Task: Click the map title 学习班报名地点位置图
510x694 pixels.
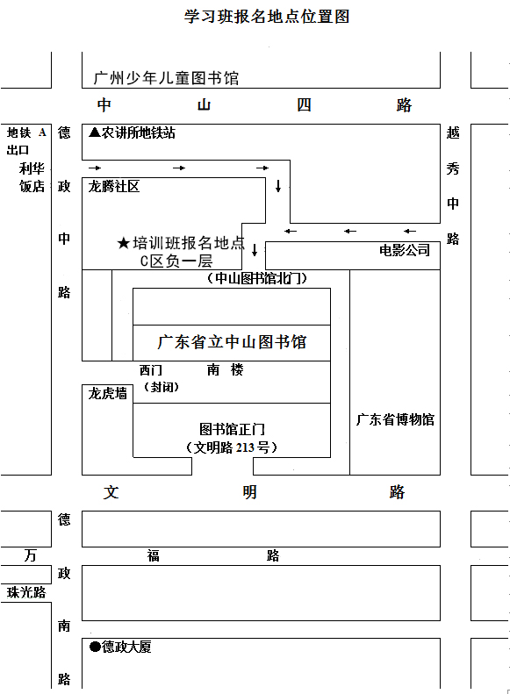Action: pos(267,17)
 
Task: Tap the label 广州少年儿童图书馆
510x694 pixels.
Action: pos(167,78)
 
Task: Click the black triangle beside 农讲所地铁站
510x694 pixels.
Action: pos(95,132)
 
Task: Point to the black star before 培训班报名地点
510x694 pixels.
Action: pos(124,243)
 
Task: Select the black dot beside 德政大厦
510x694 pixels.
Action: pos(95,647)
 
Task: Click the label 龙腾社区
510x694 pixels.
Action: pos(114,186)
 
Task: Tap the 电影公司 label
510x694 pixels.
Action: pos(405,250)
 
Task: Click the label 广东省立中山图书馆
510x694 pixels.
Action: pos(232,342)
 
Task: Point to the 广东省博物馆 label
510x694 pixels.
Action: pos(395,419)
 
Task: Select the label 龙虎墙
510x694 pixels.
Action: pos(108,393)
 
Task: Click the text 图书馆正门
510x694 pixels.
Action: pos(232,429)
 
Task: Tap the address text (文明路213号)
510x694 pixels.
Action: pos(232,447)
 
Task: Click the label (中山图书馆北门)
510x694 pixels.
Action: pos(257,278)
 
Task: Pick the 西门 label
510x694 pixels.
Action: pos(151,370)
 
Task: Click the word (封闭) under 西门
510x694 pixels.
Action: pos(162,387)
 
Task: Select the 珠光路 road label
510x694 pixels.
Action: pos(26,592)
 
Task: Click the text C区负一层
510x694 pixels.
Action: pos(176,261)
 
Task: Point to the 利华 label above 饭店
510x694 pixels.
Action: pos(32,168)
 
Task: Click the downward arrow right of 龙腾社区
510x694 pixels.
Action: pos(278,186)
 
